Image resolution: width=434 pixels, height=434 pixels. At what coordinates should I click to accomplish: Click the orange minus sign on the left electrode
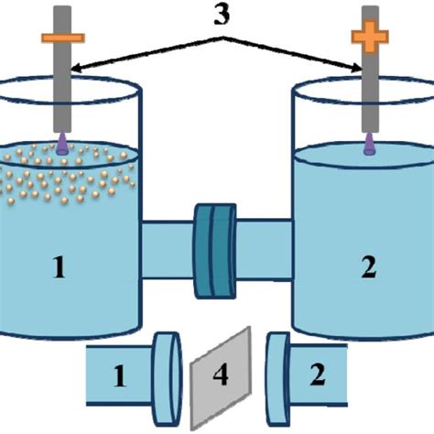pyautogui.click(x=62, y=38)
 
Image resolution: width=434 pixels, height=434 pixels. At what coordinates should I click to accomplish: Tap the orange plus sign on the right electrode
pyautogui.click(x=370, y=38)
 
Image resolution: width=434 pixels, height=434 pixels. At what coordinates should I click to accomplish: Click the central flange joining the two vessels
pyautogui.click(x=215, y=251)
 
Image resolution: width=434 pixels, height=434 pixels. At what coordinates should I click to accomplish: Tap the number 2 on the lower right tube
pyautogui.click(x=318, y=375)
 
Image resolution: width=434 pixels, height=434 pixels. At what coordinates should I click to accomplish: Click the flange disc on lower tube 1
pyautogui.click(x=165, y=374)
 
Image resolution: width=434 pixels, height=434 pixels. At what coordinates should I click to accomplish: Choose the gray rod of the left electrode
pyautogui.click(x=62, y=92)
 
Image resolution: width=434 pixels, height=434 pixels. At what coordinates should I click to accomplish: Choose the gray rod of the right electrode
pyautogui.click(x=370, y=92)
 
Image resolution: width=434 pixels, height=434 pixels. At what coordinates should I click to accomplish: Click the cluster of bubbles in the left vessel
pyautogui.click(x=64, y=174)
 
